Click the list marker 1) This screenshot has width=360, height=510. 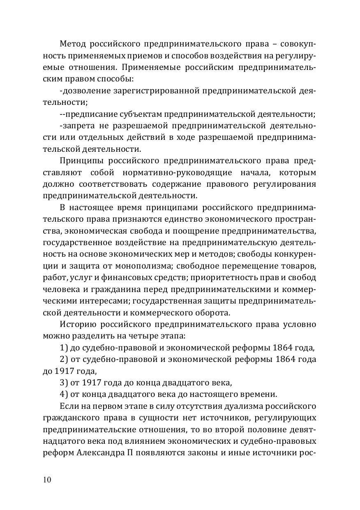64,348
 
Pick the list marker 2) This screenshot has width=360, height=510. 64,359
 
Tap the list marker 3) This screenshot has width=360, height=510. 64,383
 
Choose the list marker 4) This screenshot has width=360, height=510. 64,394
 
